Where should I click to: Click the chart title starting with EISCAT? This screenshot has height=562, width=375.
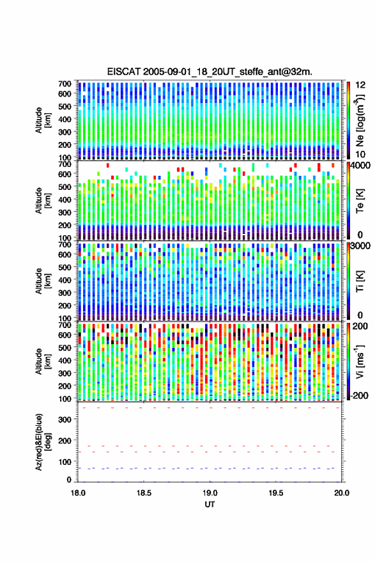tap(210, 72)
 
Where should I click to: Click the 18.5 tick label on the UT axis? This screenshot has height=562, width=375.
tap(144, 493)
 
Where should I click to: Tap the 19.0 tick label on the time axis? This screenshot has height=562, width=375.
tap(210, 493)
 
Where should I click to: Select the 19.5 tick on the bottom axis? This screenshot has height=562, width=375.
tap(276, 493)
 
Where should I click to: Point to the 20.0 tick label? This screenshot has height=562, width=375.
tap(342, 493)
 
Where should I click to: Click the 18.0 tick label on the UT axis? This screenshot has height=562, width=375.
tap(78, 493)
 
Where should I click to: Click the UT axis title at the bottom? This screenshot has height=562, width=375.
tap(210, 504)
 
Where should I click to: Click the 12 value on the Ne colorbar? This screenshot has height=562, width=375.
tap(360, 85)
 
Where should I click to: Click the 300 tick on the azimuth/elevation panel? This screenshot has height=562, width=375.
tap(65, 419)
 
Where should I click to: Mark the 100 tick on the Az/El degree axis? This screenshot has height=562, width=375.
tap(65, 462)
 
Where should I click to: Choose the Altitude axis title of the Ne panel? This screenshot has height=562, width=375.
tap(43, 120)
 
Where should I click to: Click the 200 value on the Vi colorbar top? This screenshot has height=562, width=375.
tap(360, 326)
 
